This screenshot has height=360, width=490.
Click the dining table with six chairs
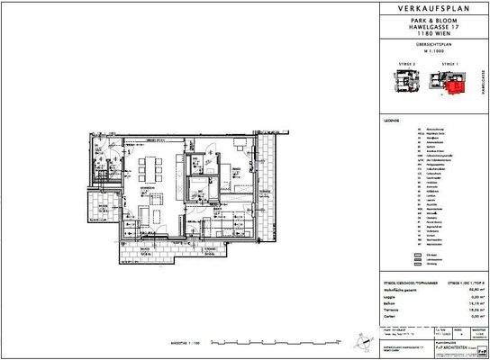tap(152, 165)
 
